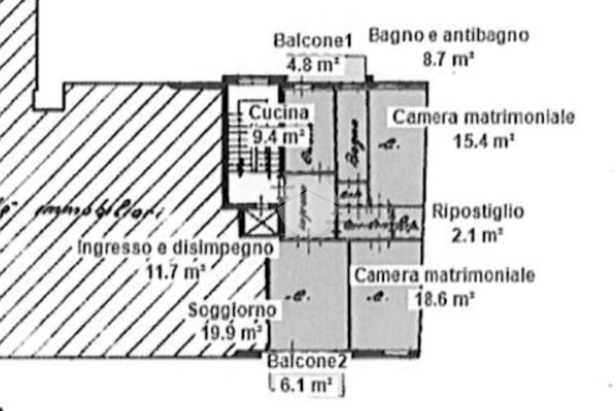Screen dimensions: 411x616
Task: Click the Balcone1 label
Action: (312, 41)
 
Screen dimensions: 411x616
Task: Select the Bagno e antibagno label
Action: (448, 36)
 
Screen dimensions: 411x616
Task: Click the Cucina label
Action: (279, 112)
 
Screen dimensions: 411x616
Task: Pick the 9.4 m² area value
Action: (277, 136)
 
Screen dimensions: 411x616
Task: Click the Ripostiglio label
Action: (478, 212)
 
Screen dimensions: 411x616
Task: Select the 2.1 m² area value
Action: (476, 235)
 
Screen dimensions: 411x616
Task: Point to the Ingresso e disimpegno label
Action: (176, 247)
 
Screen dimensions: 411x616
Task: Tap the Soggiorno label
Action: (232, 311)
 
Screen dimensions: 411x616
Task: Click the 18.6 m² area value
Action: (442, 299)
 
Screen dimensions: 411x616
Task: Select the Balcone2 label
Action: (307, 362)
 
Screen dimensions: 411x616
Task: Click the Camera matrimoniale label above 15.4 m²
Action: (483, 117)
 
